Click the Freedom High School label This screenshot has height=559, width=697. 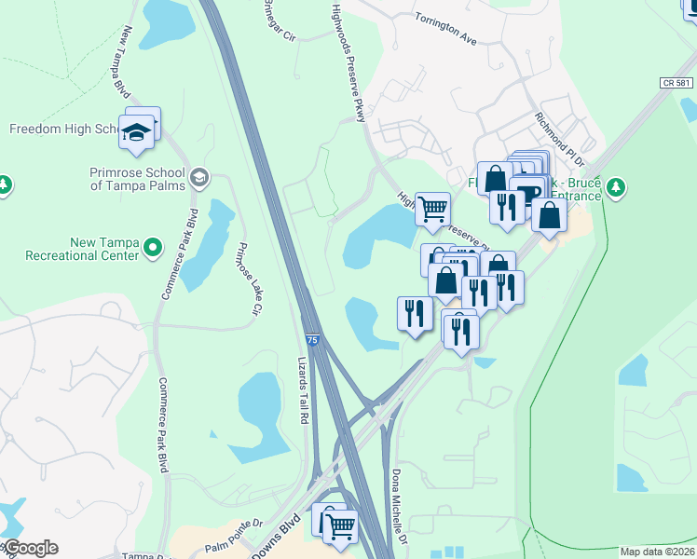point(62,129)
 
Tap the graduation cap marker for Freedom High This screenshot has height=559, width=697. point(137,132)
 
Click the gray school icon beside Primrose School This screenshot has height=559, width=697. point(198,177)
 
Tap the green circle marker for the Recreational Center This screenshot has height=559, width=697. point(154,249)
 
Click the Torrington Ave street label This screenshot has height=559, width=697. point(445,29)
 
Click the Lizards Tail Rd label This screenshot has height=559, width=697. point(302,389)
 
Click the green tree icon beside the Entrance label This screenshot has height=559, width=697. point(615,187)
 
